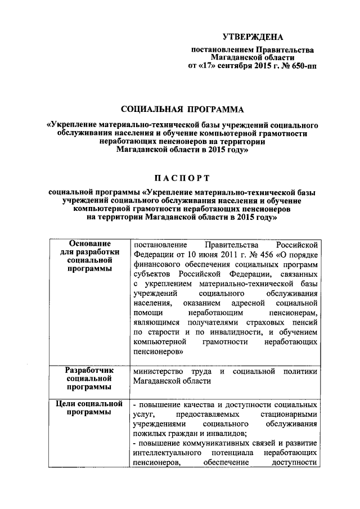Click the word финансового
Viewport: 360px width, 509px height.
[157, 264]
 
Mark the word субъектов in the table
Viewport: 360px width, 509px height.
[152, 274]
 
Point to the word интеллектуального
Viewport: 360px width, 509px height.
[169, 454]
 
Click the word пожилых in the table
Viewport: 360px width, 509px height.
[147, 434]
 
